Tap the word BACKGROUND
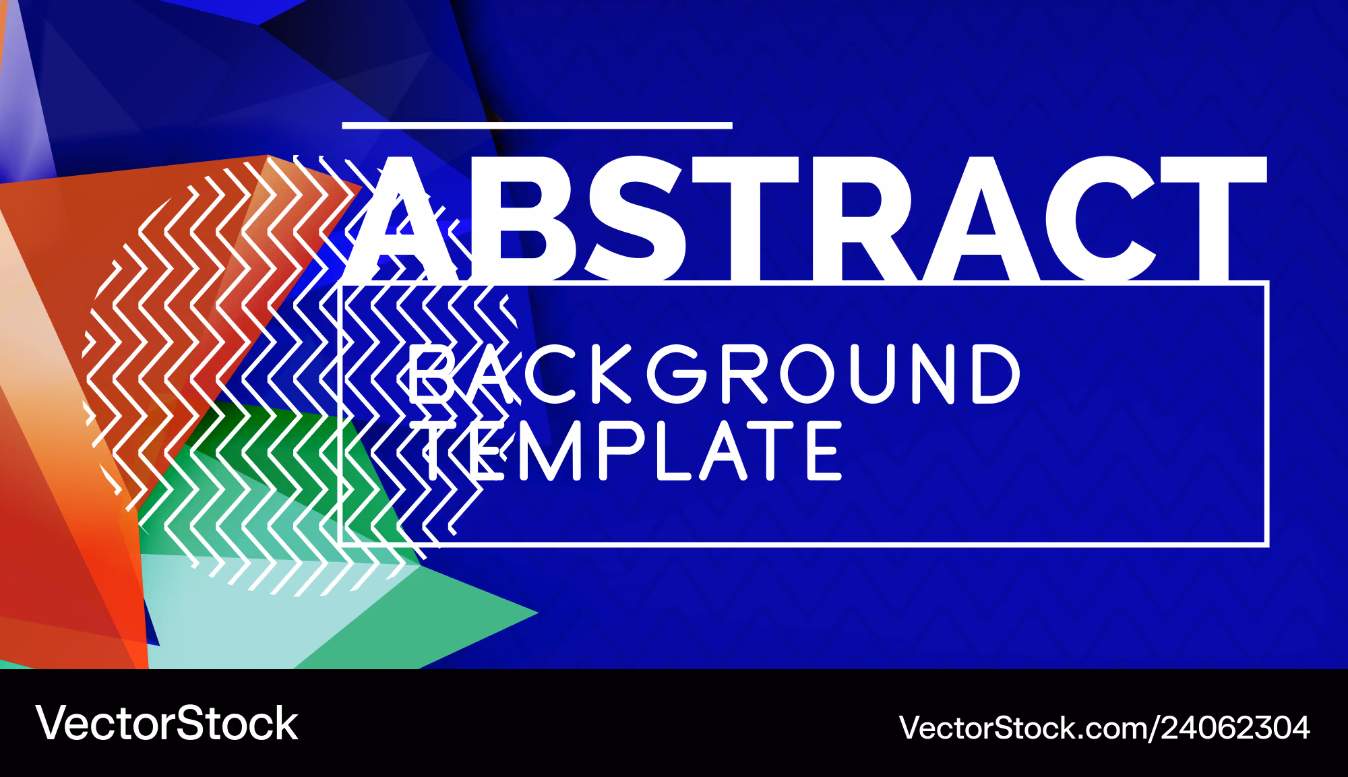click(714, 374)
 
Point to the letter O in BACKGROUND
click(811, 374)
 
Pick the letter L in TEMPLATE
click(673, 450)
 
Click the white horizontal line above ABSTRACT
click(537, 125)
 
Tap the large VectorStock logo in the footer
click(167, 724)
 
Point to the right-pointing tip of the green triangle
click(538, 613)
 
